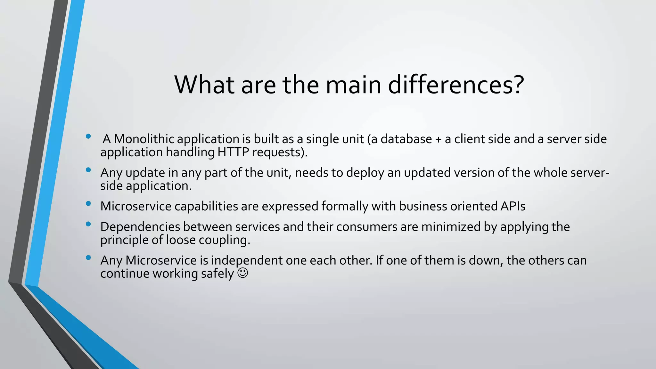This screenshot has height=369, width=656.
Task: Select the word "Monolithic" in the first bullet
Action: coord(144,139)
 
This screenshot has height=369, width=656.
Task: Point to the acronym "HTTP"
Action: coord(233,152)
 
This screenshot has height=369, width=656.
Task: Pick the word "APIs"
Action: coord(513,206)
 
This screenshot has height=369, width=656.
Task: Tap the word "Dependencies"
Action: coord(140,227)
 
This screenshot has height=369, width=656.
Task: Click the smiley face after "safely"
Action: coord(242,273)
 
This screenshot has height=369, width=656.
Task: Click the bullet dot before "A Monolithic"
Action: coord(88,136)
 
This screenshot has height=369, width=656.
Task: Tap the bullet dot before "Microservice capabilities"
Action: coord(88,203)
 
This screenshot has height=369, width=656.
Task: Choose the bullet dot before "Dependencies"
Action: coord(88,224)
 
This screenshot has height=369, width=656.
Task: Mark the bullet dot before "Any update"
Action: coord(88,170)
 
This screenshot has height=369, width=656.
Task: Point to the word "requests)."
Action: coord(280,152)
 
